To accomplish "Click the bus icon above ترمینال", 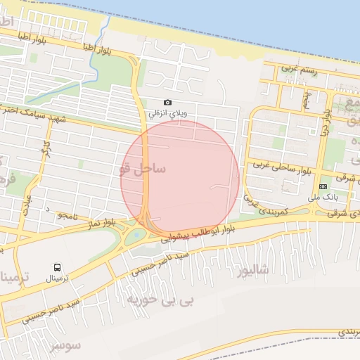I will (x=57, y=267).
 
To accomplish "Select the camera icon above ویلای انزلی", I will (x=167, y=103).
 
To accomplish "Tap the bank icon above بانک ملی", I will (x=323, y=186).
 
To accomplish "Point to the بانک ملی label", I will (x=323, y=196).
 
